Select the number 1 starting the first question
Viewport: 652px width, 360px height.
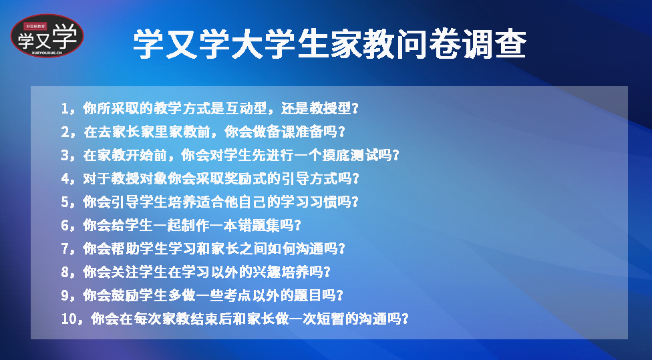pyautogui.click(x=65, y=108)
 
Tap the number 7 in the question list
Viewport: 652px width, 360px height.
pyautogui.click(x=65, y=248)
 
